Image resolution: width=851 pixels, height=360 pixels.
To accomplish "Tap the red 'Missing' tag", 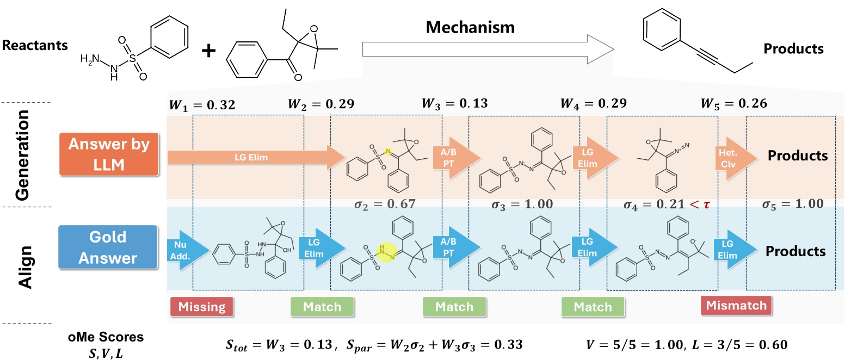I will (202, 307).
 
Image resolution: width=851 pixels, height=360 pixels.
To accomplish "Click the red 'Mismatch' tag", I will (736, 305).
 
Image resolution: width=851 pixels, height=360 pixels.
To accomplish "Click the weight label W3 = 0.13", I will (454, 103).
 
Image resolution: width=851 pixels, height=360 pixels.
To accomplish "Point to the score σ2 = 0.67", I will (385, 204).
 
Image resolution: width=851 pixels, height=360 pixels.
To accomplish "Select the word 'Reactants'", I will (35, 45).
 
